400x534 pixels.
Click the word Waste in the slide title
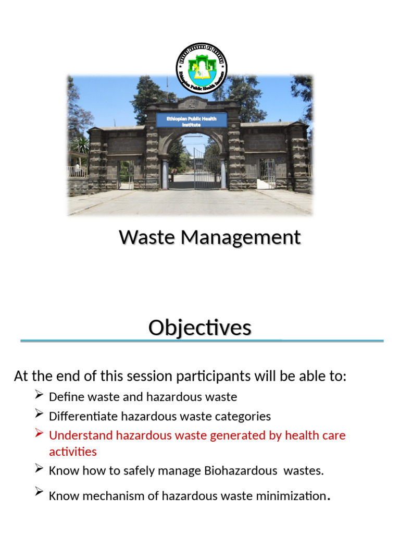(147, 237)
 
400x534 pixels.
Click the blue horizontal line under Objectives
(202, 341)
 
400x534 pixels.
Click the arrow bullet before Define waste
(39, 396)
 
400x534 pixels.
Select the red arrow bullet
(39, 434)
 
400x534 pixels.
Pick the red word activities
(72, 451)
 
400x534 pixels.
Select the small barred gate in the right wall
(267, 171)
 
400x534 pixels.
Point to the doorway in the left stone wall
(126, 175)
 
